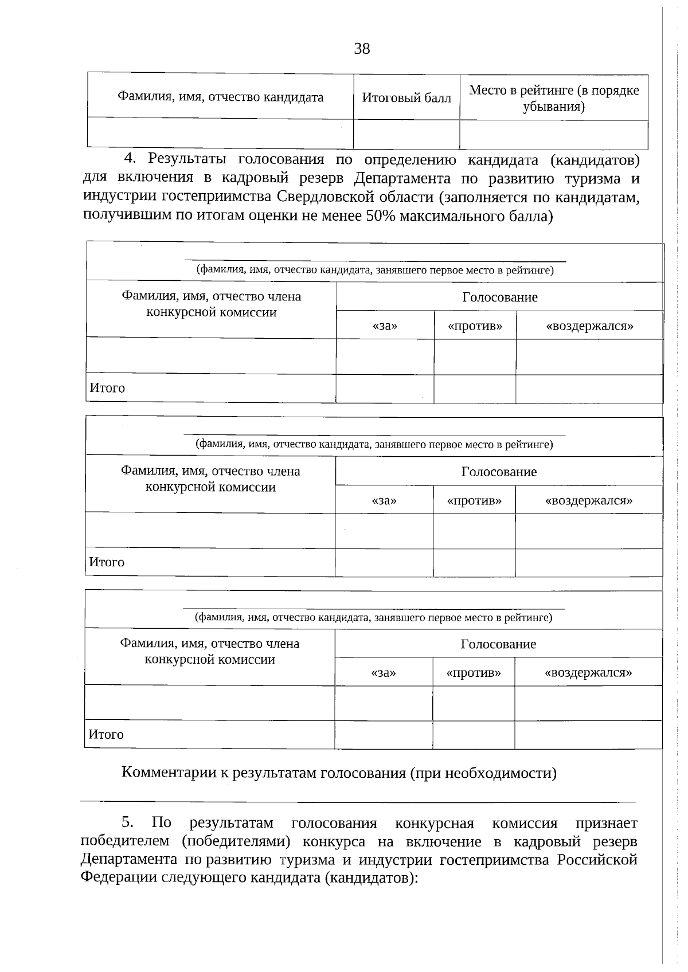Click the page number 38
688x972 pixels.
[362, 49]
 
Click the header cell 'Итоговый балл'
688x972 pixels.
[406, 98]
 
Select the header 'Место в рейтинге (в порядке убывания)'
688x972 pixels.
[554, 98]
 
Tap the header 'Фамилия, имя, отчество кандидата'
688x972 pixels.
[220, 97]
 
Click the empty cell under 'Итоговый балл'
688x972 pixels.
[406, 135]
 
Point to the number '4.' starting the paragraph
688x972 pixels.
[131, 159]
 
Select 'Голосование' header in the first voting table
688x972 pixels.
[500, 297]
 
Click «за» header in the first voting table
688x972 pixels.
[385, 326]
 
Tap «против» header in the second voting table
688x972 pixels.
[474, 500]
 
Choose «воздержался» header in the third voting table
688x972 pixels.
[588, 672]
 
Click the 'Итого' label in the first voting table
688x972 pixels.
[107, 388]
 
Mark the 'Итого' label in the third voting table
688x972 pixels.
[106, 734]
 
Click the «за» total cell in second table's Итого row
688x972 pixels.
[384, 562]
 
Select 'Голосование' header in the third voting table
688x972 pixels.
[498, 644]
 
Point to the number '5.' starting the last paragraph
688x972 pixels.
[127, 823]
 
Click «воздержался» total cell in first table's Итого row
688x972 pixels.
[589, 389]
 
